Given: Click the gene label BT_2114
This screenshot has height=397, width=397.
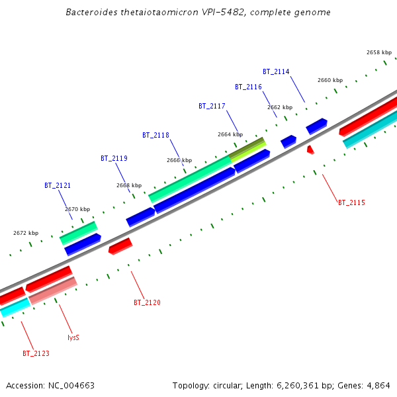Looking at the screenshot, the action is coord(276,71).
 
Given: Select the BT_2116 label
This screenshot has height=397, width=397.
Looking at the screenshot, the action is coord(248,87).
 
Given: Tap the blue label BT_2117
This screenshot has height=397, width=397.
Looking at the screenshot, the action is coord(212,106).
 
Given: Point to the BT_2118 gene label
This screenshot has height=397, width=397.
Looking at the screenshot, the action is coord(155,135).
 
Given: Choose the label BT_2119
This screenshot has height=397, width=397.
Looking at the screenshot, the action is coord(114,158).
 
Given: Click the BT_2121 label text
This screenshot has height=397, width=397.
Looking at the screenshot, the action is coord(58,186).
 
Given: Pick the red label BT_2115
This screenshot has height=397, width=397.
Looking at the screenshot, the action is coord(351,202).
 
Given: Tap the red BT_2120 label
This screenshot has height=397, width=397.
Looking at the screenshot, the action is coord(147,302).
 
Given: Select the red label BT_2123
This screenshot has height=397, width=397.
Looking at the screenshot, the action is coord(36,353).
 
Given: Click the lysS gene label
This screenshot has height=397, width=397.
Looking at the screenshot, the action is coord(73,337).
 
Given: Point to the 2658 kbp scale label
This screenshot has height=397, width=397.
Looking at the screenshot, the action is coord(378,52).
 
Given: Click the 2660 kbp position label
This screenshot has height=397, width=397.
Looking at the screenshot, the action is coord(330,80).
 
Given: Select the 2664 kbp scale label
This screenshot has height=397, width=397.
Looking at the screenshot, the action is coord(230,134).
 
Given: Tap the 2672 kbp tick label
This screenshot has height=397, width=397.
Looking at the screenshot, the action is coord(26,233).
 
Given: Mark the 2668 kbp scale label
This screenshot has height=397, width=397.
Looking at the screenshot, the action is coord(129,185).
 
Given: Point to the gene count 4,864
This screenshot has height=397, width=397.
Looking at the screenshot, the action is coord(378,385).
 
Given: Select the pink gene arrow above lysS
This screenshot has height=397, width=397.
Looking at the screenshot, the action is coord(53,290).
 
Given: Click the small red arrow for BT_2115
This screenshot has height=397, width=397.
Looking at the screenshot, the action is coord(310,150).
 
